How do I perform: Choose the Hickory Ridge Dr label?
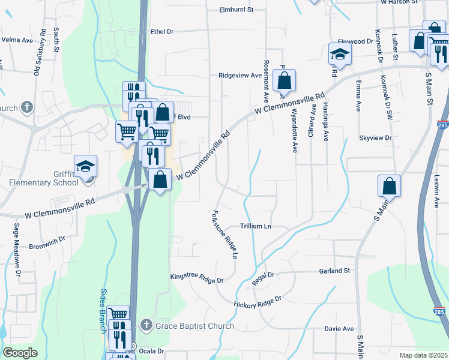[258, 301]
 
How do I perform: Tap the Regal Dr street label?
[263, 275]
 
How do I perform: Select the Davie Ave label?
[339, 329]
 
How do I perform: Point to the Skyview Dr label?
[375, 138]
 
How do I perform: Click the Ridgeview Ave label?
[240, 76]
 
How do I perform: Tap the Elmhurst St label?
[237, 10]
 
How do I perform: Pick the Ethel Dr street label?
[161, 31]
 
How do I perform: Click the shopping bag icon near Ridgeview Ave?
[284, 80]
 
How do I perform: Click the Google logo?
[20, 353]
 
